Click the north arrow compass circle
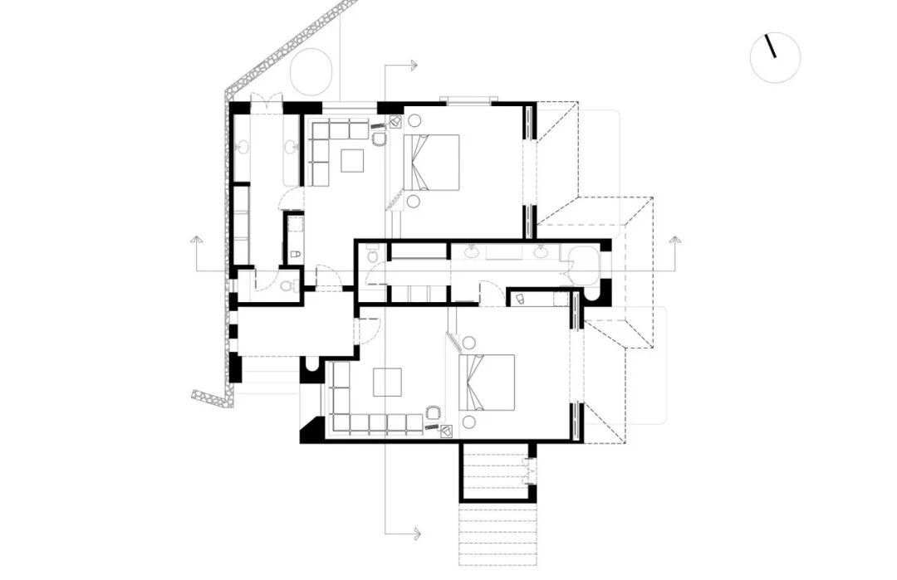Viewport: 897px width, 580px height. click(x=775, y=57)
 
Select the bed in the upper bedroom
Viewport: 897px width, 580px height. click(x=432, y=162)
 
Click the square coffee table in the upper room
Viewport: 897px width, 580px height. click(x=352, y=159)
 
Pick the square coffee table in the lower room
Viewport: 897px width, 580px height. click(x=388, y=382)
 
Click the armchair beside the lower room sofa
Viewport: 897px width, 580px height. click(x=433, y=412)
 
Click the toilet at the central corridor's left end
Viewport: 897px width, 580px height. click(x=372, y=252)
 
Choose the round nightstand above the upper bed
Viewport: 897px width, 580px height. click(x=414, y=120)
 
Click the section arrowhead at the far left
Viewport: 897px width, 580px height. click(x=196, y=241)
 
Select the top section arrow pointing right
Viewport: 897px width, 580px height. click(x=414, y=64)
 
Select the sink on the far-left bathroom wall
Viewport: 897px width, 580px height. click(x=243, y=149)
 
